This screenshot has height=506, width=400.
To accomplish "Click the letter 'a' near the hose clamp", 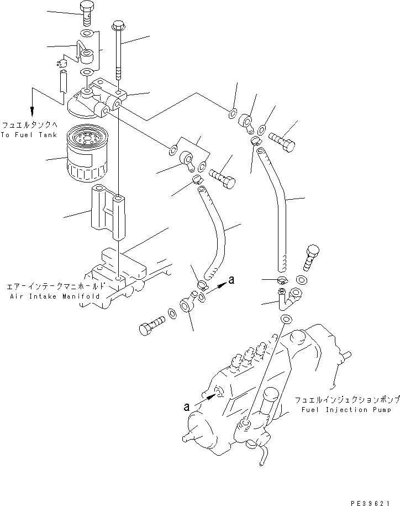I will [x=231, y=280].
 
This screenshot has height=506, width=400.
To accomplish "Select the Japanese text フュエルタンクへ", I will [x=29, y=126].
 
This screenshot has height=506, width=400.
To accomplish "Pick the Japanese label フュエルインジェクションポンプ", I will [x=347, y=399].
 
